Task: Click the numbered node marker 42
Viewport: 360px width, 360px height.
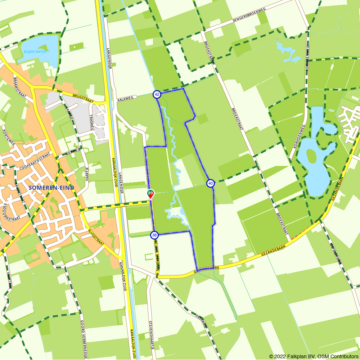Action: pos(157,94)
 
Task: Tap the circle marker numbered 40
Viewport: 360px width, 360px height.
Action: pos(211,184)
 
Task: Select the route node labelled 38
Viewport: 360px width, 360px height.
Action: pos(154,235)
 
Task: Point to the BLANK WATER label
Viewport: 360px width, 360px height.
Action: pos(35,51)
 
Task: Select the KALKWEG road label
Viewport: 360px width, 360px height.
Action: pos(125,98)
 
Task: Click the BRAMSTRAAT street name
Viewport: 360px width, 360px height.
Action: pos(18,85)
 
